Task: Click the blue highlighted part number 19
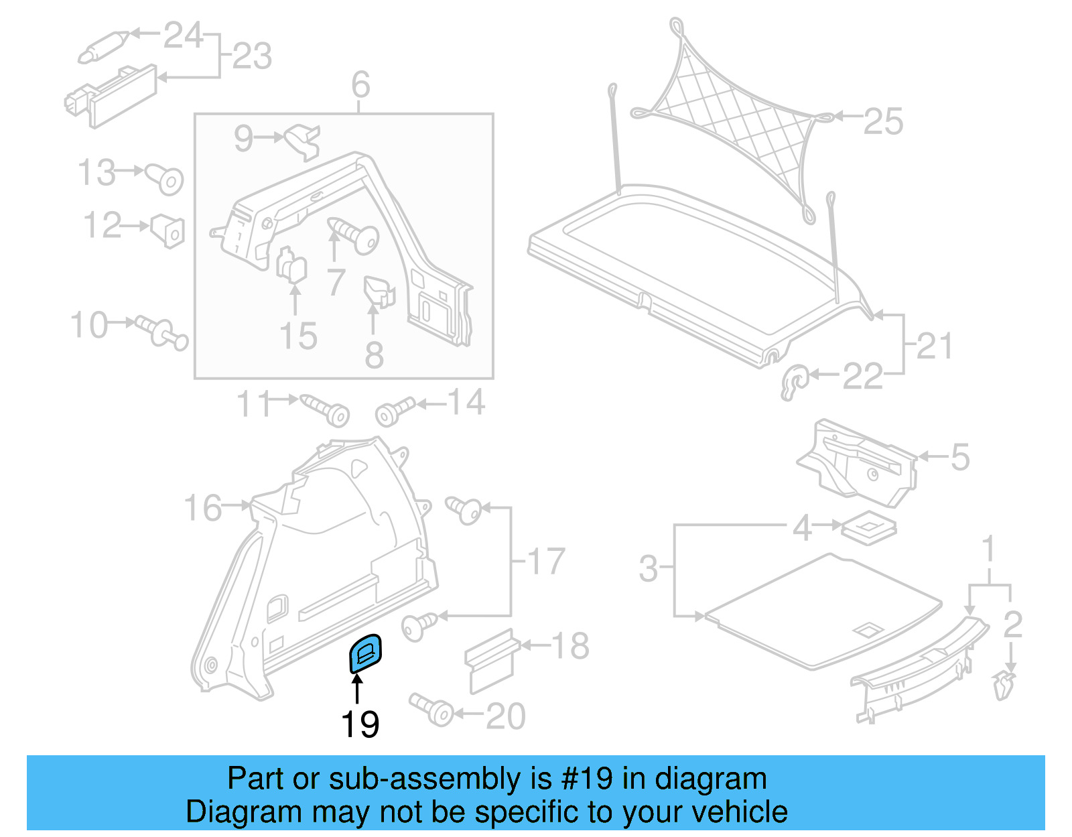pos(366,653)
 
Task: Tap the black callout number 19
pos(360,724)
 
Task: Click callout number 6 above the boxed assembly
pos(360,85)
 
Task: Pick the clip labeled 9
pos(304,141)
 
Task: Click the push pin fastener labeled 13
pos(165,178)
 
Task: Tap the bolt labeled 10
pos(161,331)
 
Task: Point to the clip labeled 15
pos(292,265)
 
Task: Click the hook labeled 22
pos(795,382)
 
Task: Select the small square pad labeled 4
pos(869,527)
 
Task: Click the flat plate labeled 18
pos(492,660)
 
